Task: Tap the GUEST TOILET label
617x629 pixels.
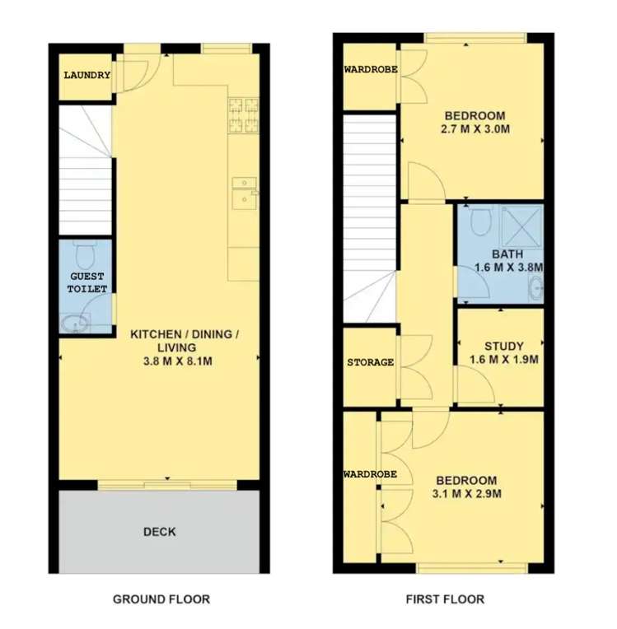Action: point(87,283)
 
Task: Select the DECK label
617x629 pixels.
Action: point(159,532)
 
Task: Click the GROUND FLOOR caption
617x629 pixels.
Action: point(161,599)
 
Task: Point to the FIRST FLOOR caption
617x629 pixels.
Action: point(445,599)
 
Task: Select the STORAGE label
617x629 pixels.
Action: point(370,363)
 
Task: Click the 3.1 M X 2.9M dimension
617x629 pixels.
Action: point(467,494)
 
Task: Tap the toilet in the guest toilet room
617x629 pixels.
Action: point(83,250)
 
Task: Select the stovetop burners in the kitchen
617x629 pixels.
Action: point(244,115)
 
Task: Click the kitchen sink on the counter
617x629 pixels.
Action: point(243,191)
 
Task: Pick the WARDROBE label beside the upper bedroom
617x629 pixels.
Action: point(371,70)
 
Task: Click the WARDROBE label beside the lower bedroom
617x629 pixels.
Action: point(371,475)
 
